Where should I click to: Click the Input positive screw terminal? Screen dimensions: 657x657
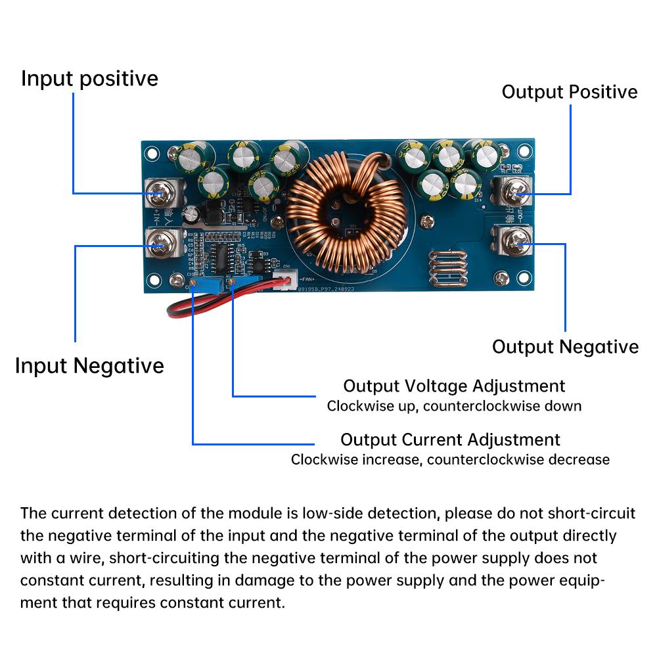click(159, 193)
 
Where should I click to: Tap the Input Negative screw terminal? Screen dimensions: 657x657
click(159, 246)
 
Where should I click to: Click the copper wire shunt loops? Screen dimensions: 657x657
click(449, 269)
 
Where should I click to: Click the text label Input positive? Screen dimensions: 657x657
click(89, 79)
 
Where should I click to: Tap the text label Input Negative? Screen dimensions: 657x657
click(89, 365)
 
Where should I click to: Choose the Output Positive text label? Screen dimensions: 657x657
click(570, 92)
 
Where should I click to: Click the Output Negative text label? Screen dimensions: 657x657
click(565, 347)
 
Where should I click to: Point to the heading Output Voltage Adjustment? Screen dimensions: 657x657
click(454, 386)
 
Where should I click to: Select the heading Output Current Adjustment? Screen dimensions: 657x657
click(450, 440)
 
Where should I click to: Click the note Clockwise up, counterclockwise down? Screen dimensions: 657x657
click(454, 406)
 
